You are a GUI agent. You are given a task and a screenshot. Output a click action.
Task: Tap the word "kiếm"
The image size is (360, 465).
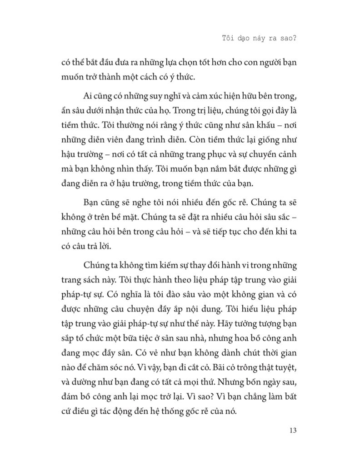point(174,265)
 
